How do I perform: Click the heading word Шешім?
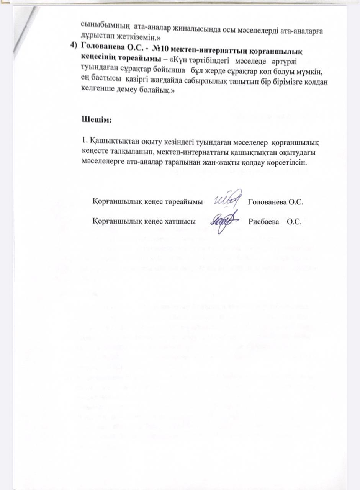click(x=96, y=119)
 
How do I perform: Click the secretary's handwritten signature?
click(x=225, y=221)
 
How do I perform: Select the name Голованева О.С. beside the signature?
click(x=276, y=202)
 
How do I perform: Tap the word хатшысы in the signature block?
click(x=180, y=222)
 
